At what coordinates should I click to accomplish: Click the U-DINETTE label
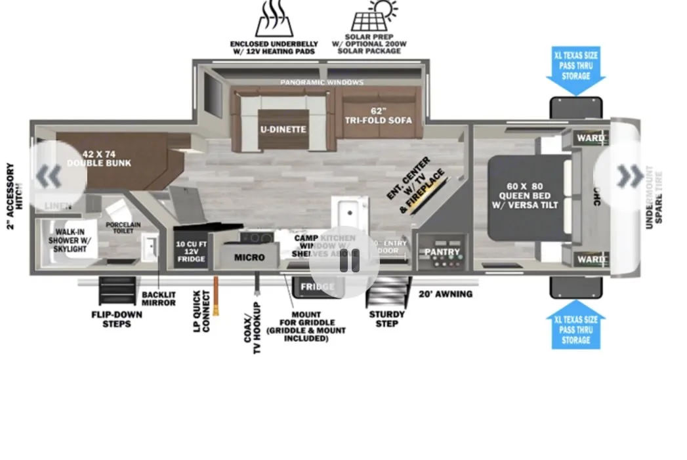tap(283, 129)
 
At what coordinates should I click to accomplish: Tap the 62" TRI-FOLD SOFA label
tap(379, 115)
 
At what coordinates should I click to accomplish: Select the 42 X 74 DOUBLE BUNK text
tap(99, 158)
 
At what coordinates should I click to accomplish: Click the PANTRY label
tap(442, 252)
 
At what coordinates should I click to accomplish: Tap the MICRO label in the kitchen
tap(249, 257)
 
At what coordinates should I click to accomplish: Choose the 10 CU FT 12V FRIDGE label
tap(190, 251)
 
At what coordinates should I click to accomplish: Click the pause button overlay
tap(348, 261)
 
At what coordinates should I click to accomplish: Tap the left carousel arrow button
tap(50, 175)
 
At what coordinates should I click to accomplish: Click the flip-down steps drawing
tap(117, 291)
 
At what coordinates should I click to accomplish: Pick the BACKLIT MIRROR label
tap(159, 299)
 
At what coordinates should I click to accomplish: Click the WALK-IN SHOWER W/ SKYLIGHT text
tap(70, 240)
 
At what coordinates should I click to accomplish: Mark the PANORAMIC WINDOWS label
tap(322, 83)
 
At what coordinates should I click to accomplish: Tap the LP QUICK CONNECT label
tap(201, 311)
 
